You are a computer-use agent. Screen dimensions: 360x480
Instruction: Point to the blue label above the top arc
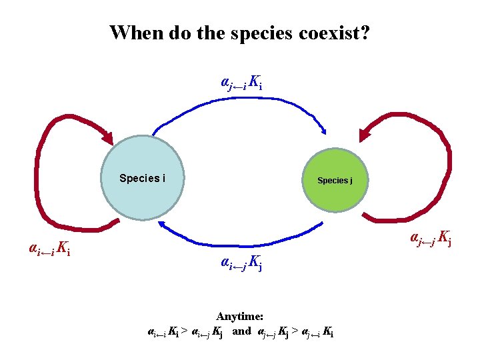click(241, 83)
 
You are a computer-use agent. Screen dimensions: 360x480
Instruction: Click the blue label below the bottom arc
click(241, 265)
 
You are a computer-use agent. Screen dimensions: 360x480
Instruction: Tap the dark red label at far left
click(50, 249)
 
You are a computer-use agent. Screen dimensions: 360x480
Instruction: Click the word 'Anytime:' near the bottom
click(240, 317)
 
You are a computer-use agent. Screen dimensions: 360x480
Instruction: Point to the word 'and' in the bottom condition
click(241, 331)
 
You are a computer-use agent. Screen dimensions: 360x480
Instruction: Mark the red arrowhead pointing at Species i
click(107, 138)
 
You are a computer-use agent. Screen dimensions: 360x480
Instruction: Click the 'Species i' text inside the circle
click(142, 178)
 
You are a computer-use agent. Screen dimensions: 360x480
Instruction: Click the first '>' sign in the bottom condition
click(184, 331)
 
